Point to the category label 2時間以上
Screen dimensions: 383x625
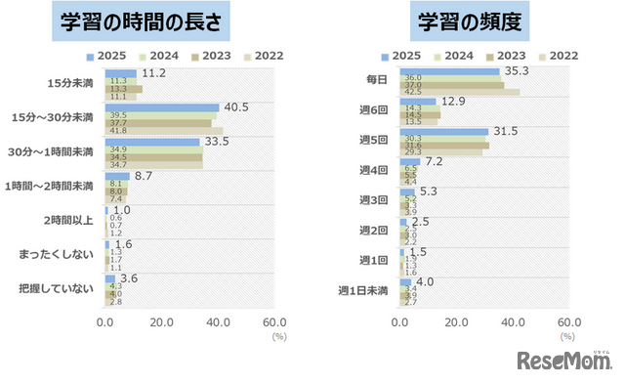69,220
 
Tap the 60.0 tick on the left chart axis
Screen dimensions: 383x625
274,321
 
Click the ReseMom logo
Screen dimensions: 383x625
564,360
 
